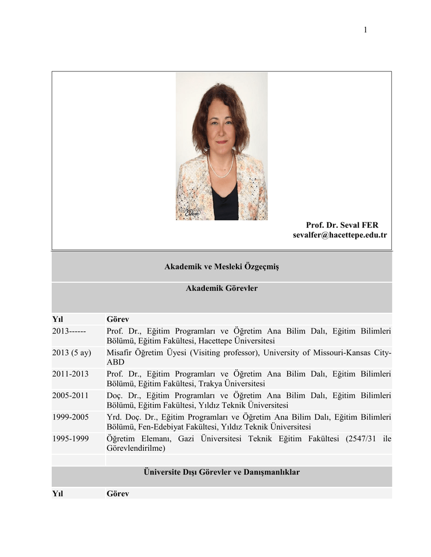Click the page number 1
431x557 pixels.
click(366, 30)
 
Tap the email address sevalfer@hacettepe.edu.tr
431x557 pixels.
click(340, 235)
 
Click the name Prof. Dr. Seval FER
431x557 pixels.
click(342, 225)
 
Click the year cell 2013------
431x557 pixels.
click(69, 331)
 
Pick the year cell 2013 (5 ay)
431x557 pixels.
click(72, 352)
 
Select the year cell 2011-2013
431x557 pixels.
click(70, 374)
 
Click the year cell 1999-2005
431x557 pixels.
click(70, 417)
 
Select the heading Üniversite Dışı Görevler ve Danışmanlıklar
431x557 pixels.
click(222, 473)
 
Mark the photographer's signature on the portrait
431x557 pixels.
click(191, 212)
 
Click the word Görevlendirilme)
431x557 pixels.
click(136, 448)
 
